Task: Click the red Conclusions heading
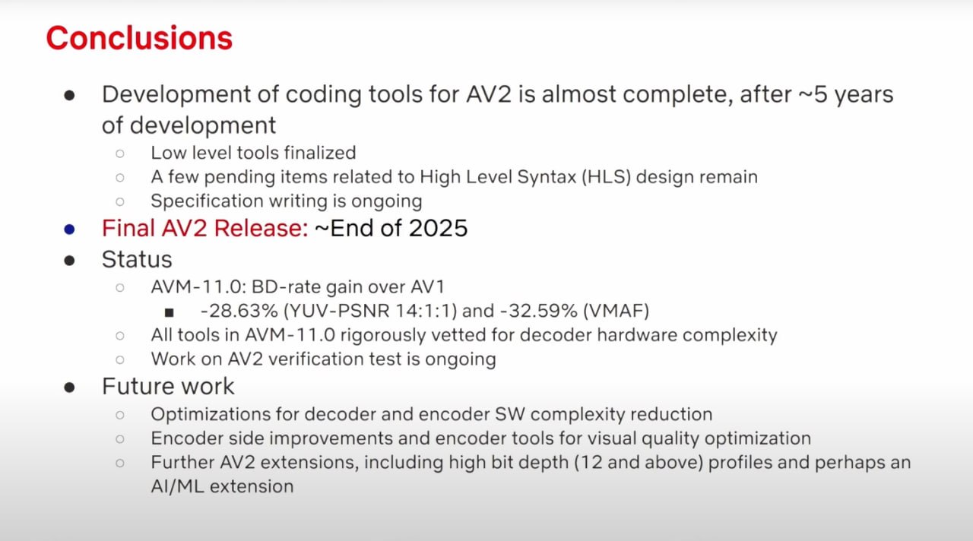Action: tap(139, 38)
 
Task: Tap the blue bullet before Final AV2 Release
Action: tap(69, 229)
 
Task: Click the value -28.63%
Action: tap(239, 311)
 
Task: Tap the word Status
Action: tap(137, 260)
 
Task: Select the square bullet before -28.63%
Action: tap(170, 312)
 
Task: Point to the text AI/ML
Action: tap(178, 487)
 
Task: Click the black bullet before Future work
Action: tap(69, 388)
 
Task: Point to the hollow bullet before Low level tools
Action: tap(120, 153)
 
